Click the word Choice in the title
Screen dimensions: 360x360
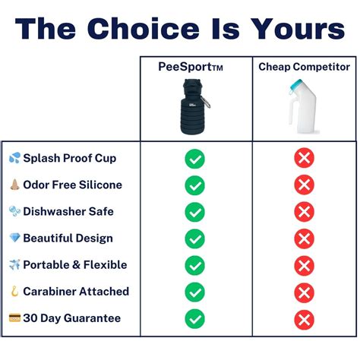pos(144,28)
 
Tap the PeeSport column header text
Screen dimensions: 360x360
pos(191,67)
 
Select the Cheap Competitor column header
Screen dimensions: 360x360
pos(304,67)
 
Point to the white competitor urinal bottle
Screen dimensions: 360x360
pos(303,106)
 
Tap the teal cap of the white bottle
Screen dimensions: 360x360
pos(297,85)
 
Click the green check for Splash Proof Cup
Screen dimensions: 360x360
pos(194,159)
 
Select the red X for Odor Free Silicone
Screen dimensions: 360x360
pos(304,185)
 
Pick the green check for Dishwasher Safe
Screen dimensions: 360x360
pos(194,212)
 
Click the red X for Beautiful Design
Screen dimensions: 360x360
pos(304,238)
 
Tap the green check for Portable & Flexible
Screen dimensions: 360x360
pos(194,266)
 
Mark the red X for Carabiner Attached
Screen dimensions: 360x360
pos(304,292)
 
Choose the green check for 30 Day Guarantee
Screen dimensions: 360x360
pos(194,319)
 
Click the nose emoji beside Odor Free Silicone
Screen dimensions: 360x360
pos(14,185)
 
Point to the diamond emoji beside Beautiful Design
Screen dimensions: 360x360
pos(14,238)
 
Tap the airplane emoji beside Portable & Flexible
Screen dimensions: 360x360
pos(14,264)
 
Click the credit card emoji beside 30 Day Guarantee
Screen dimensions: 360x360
pos(14,317)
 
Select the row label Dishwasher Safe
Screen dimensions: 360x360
pos(68,211)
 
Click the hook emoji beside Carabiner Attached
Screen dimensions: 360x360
pos(14,291)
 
